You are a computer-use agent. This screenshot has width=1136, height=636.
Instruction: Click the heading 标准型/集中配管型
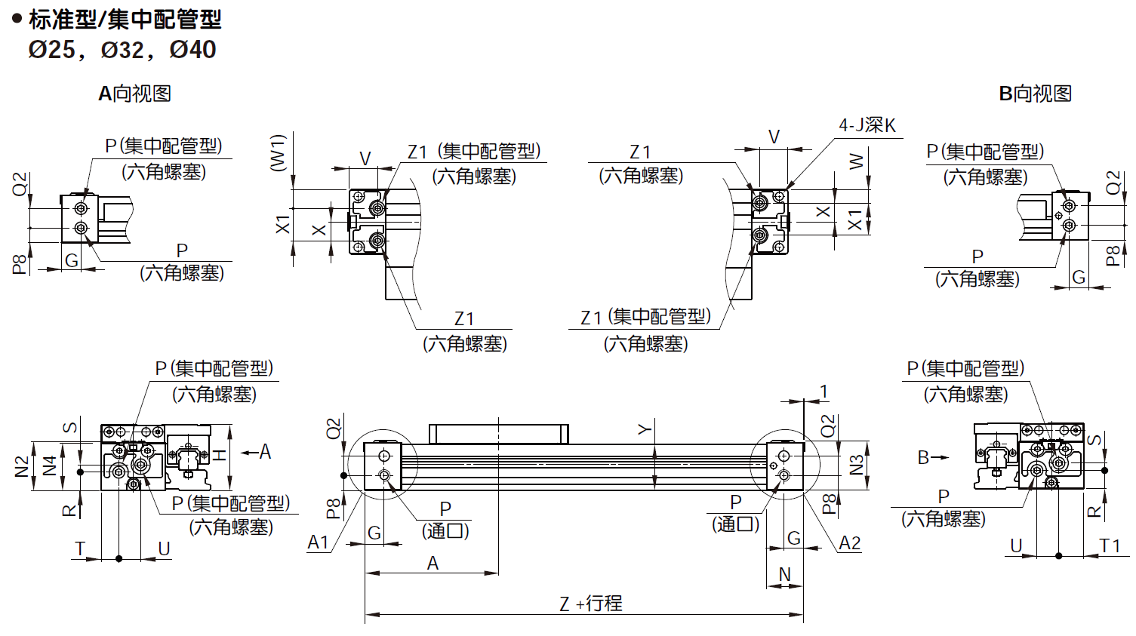[125, 19]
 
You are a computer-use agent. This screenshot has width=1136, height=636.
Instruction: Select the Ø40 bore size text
[193, 50]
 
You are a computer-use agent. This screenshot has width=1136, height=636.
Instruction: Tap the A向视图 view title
[135, 94]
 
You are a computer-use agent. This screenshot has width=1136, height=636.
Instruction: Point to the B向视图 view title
[1035, 94]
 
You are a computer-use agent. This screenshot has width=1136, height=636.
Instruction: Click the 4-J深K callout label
[867, 125]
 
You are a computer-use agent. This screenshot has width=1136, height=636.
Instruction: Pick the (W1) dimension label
[278, 153]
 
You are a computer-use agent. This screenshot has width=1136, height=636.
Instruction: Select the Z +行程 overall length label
[591, 604]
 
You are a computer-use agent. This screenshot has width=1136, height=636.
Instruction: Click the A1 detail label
[318, 542]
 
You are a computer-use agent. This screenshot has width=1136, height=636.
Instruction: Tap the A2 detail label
[849, 543]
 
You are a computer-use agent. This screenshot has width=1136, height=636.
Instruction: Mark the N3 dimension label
[856, 465]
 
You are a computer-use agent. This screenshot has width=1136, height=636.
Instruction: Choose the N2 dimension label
[22, 466]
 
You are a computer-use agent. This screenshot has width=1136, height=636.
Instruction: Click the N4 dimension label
[50, 465]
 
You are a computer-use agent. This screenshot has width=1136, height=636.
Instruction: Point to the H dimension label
[219, 455]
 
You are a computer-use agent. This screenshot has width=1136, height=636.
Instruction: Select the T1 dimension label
[1110, 545]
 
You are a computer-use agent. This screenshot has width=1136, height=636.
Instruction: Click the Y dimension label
[644, 429]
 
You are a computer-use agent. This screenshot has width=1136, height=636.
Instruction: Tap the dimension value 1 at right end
[824, 392]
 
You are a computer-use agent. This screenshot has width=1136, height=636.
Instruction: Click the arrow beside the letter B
[940, 457]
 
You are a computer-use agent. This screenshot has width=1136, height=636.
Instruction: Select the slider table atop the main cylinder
[498, 434]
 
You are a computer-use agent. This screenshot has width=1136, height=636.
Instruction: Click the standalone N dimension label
[784, 574]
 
